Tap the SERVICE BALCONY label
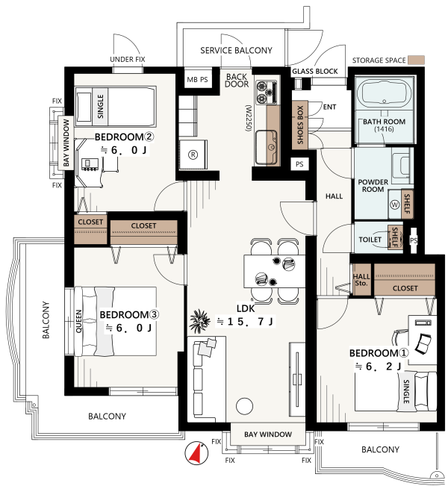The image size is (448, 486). click(x=236, y=50)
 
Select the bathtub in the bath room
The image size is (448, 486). click(x=384, y=92)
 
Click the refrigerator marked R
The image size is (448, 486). click(x=193, y=154)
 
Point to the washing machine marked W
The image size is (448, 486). click(x=395, y=205)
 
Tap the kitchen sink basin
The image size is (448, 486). click(x=266, y=148)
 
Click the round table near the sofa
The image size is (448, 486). click(x=244, y=405)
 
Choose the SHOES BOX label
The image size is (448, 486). click(x=300, y=125)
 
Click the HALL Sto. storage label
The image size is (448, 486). click(x=361, y=280)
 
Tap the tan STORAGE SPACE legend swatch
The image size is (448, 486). click(x=416, y=60)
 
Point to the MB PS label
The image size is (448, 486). click(x=197, y=80)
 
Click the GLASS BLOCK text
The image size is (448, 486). click(x=314, y=71)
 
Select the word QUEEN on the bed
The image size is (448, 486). click(x=78, y=321)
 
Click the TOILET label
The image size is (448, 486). click(x=370, y=240)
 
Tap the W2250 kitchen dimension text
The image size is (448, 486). click(x=249, y=118)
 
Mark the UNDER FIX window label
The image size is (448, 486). click(x=128, y=59)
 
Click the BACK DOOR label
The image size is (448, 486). click(x=237, y=81)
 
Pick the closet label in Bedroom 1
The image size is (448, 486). click(x=405, y=288)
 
